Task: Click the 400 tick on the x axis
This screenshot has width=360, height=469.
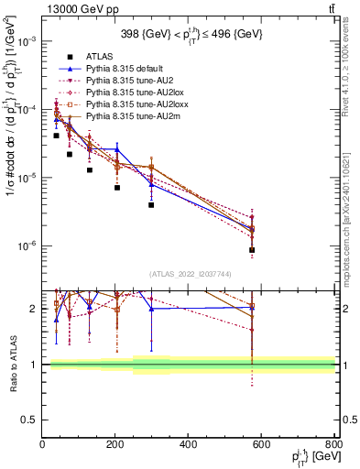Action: (189, 445)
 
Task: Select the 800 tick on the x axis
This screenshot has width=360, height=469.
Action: (334, 445)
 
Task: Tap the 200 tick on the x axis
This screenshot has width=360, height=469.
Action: (115, 445)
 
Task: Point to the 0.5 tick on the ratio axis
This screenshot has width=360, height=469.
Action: (29, 420)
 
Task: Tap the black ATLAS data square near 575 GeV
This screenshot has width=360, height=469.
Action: (252, 250)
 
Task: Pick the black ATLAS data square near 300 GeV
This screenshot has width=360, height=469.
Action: (151, 205)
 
